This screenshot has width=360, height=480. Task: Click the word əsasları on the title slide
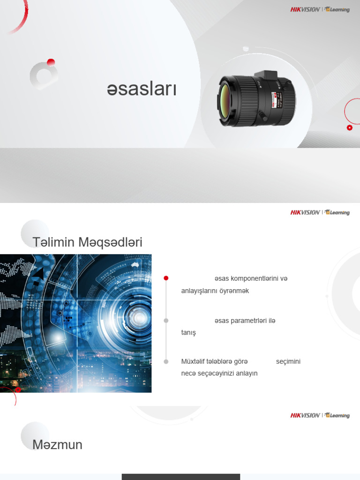tap(142, 89)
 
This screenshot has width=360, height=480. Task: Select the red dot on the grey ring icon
tap(51, 62)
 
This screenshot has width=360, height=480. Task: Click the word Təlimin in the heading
tap(53, 242)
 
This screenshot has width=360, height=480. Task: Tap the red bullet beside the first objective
tap(166, 278)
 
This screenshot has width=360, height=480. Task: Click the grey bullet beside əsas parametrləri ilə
tap(166, 321)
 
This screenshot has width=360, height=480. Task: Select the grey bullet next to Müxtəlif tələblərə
tap(166, 361)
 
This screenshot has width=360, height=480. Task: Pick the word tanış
tap(188, 333)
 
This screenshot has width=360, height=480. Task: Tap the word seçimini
tap(288, 361)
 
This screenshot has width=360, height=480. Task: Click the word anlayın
tap(247, 374)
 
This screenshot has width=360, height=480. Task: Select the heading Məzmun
tap(57, 445)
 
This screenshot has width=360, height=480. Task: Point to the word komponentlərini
tap(254, 278)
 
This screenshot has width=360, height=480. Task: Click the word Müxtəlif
tap(193, 361)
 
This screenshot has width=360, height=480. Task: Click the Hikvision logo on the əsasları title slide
tap(305, 9)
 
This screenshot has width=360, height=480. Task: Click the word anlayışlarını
tap(200, 291)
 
